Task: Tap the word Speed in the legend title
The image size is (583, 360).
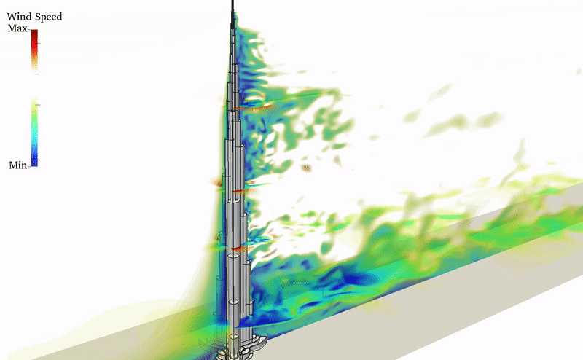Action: click(47, 17)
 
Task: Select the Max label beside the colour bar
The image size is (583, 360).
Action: click(17, 28)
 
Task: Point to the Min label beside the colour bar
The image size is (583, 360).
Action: click(17, 165)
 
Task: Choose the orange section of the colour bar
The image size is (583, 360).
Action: click(34, 55)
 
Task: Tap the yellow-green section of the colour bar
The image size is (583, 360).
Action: click(34, 108)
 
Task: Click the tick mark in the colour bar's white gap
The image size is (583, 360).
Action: click(38, 74)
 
